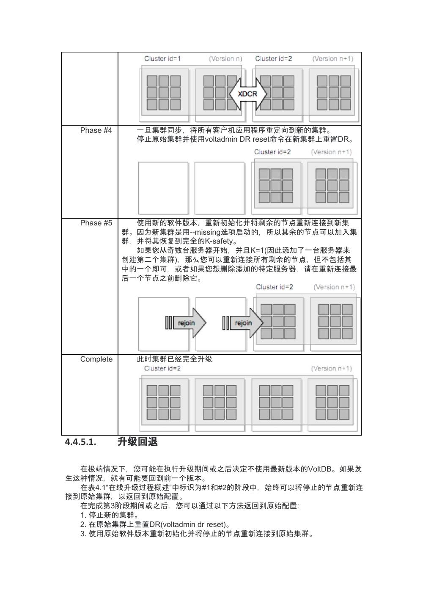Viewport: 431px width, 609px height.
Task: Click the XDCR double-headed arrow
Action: point(247,94)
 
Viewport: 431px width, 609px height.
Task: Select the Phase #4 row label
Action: point(96,130)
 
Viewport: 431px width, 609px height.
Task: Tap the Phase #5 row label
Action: point(96,223)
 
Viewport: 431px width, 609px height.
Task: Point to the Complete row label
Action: point(96,359)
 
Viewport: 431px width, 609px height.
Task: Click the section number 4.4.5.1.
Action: point(80,442)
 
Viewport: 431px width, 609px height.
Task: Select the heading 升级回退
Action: point(137,442)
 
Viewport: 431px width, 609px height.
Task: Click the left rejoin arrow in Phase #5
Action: point(186,323)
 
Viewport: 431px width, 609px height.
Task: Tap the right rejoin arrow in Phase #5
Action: point(243,323)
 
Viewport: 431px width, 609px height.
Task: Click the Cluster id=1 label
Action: point(162,59)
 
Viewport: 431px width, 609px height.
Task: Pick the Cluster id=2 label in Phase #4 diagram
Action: point(272,152)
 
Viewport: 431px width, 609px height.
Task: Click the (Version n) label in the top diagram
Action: point(225,59)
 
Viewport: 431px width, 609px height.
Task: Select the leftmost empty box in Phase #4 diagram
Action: point(163,188)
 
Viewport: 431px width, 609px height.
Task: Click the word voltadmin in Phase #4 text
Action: point(222,139)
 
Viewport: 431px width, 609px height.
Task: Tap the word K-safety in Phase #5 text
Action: point(219,241)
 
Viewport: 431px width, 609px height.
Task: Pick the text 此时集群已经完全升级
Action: point(174,359)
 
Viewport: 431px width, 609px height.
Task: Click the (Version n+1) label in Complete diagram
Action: point(331,368)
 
